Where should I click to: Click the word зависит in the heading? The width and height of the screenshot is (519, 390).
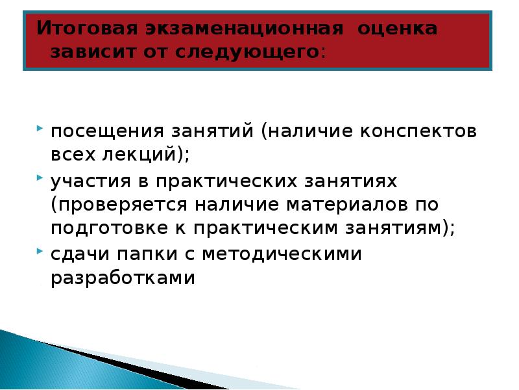88,52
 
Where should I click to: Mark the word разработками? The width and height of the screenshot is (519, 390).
123,278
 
